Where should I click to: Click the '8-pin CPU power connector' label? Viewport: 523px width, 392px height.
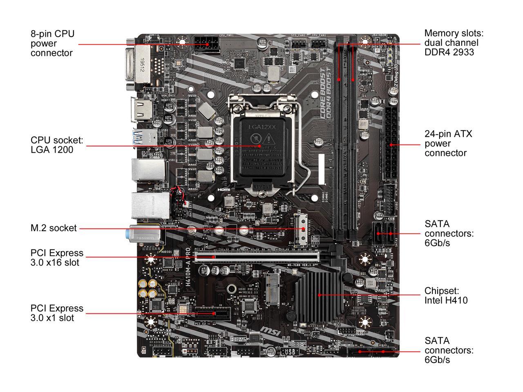[x=52, y=43]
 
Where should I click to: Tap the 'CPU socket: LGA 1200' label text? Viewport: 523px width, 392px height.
[x=57, y=145]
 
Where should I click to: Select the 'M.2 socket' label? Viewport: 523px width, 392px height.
[x=54, y=228]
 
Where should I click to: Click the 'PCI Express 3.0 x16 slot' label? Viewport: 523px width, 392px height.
[x=57, y=258]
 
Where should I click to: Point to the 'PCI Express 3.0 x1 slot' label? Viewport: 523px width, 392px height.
[x=57, y=313]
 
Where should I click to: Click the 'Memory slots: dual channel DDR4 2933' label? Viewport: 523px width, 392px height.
[x=451, y=42]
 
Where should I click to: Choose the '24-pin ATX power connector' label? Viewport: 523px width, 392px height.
[x=448, y=143]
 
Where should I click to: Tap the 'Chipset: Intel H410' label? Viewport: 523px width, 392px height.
[x=446, y=296]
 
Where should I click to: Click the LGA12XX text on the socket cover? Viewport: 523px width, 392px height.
[x=262, y=127]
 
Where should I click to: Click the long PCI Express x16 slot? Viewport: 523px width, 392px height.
[x=257, y=257]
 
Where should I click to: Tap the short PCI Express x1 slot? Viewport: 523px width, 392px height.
[x=212, y=314]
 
